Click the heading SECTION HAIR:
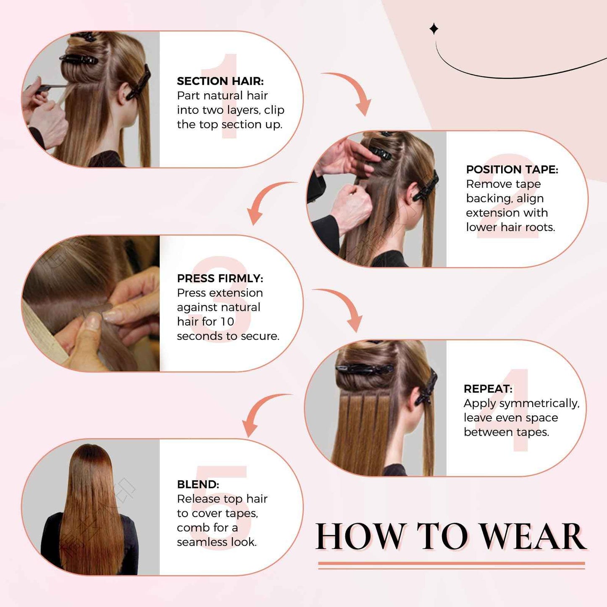click(220, 81)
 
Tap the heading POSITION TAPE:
click(512, 169)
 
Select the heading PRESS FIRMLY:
click(220, 279)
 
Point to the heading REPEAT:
click(488, 389)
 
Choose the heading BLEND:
click(198, 484)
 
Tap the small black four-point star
click(434, 29)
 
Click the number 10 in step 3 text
click(227, 322)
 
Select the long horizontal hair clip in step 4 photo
click(364, 369)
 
